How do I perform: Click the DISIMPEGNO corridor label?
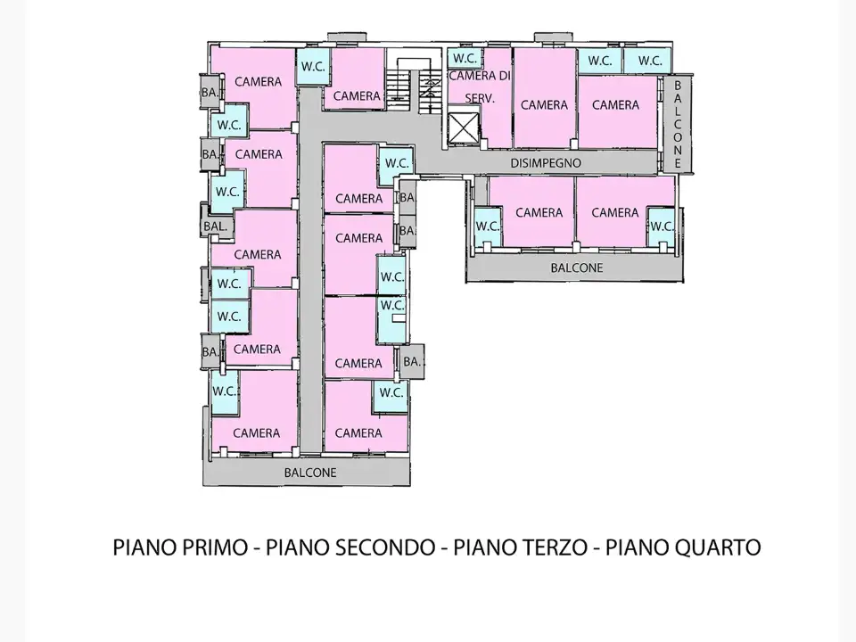point(546,163)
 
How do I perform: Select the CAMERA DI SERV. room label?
point(479,86)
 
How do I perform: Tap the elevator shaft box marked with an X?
point(463,127)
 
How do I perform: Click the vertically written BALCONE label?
point(678,124)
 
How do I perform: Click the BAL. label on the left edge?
point(215,226)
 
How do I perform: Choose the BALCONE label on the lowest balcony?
point(310,473)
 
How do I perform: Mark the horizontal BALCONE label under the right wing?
point(576,267)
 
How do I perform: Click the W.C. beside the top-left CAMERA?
point(312,66)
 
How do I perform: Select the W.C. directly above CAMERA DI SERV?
point(464,59)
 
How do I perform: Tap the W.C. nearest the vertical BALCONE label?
point(650,61)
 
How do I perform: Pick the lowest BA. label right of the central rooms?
point(411,361)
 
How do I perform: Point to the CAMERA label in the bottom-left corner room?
point(257,433)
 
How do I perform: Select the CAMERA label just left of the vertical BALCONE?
point(615,104)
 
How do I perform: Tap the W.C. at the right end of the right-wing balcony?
point(661,226)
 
